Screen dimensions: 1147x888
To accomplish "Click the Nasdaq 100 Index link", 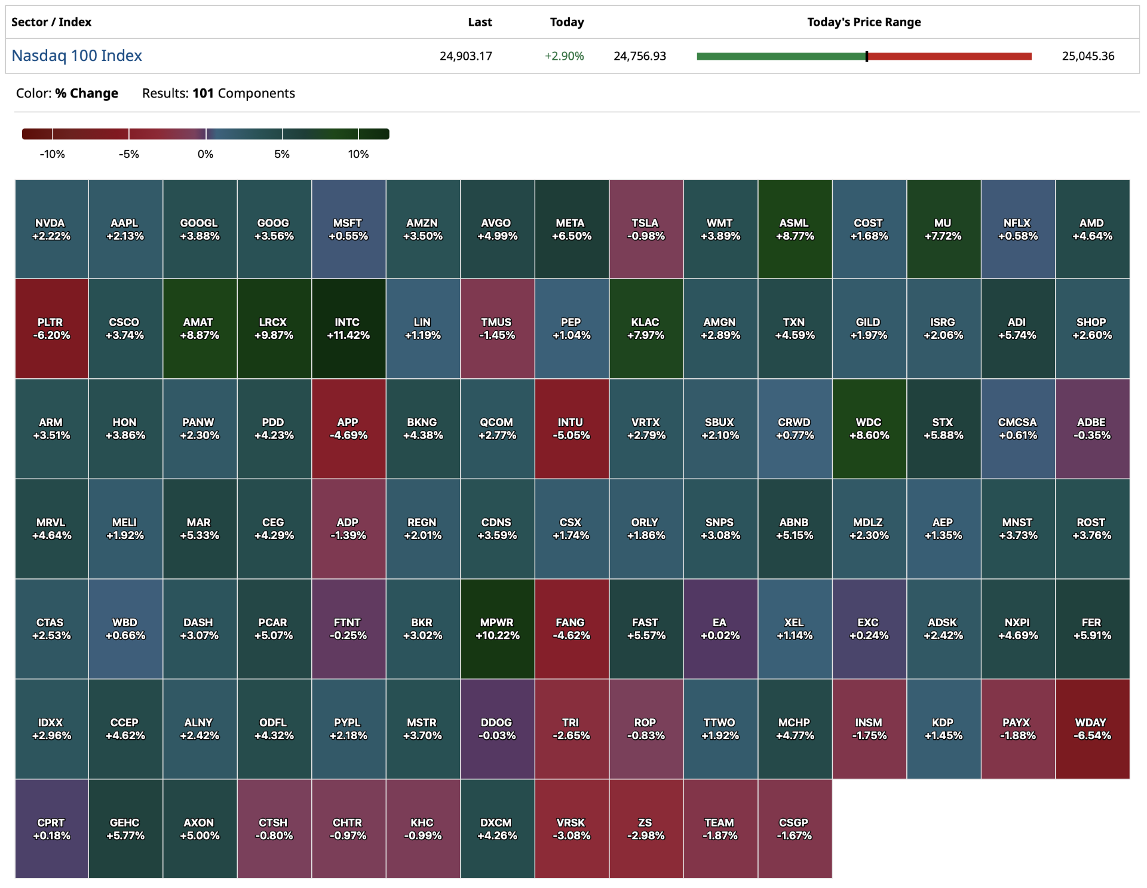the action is pyautogui.click(x=77, y=56).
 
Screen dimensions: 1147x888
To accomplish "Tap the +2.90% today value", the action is pyautogui.click(x=564, y=56).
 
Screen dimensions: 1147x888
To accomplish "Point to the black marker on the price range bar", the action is pyautogui.click(x=866, y=56).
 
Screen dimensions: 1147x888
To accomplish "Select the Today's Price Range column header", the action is pyautogui.click(x=864, y=22).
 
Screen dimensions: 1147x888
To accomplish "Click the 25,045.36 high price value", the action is pyautogui.click(x=1088, y=56).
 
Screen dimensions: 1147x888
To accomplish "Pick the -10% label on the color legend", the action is pyautogui.click(x=53, y=154).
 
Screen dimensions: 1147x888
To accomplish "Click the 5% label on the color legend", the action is pyautogui.click(x=282, y=154).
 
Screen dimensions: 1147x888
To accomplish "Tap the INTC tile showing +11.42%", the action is pyautogui.click(x=348, y=329).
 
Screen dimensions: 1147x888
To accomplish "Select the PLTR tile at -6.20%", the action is pyautogui.click(x=51, y=329).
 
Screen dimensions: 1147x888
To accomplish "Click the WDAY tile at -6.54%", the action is pyautogui.click(x=1092, y=729).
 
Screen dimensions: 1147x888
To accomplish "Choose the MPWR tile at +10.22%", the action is pyautogui.click(x=497, y=629).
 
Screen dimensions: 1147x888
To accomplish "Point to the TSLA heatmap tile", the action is pyautogui.click(x=646, y=229).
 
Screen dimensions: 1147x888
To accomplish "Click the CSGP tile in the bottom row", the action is pyautogui.click(x=795, y=829).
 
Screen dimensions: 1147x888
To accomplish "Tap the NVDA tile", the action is pyautogui.click(x=51, y=229).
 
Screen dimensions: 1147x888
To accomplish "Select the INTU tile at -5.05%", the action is pyautogui.click(x=572, y=428).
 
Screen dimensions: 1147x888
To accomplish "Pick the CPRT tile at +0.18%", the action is pyautogui.click(x=51, y=829).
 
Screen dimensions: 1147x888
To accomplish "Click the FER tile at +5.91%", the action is pyautogui.click(x=1092, y=629).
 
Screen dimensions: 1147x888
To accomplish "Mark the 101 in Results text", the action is pyautogui.click(x=203, y=93).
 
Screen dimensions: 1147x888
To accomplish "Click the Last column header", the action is pyautogui.click(x=480, y=22).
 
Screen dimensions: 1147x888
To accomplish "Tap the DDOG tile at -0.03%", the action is pyautogui.click(x=497, y=729).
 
